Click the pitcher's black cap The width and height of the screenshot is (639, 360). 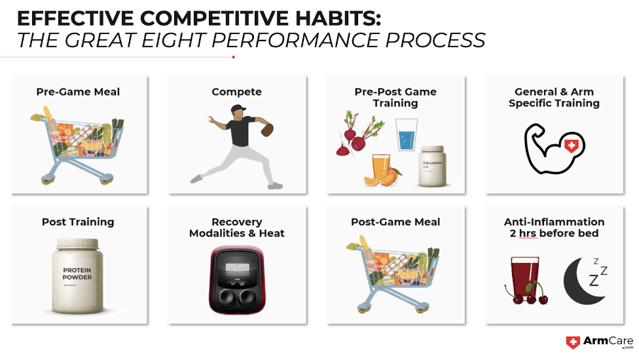click(x=238, y=108)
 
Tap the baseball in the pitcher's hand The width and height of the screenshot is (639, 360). click(x=210, y=119)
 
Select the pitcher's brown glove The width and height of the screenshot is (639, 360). click(x=267, y=130)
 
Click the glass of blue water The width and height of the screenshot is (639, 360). click(x=407, y=134)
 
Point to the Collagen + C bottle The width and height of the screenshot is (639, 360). click(x=433, y=166)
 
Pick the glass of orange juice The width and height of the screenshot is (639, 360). click(x=382, y=168)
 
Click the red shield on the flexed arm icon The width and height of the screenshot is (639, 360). click(x=572, y=145)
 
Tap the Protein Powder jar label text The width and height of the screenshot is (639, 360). click(x=77, y=274)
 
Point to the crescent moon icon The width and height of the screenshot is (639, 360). click(x=582, y=281)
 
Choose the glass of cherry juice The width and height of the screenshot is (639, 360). click(x=525, y=277)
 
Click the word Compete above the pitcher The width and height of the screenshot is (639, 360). click(x=237, y=92)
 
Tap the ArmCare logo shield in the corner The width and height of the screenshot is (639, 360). click(x=573, y=342)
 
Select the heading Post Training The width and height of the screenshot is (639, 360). click(x=78, y=222)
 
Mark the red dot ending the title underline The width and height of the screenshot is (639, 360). click(x=234, y=57)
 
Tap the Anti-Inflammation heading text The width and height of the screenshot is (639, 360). click(x=555, y=222)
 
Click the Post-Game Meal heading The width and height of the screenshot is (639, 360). click(x=395, y=222)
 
